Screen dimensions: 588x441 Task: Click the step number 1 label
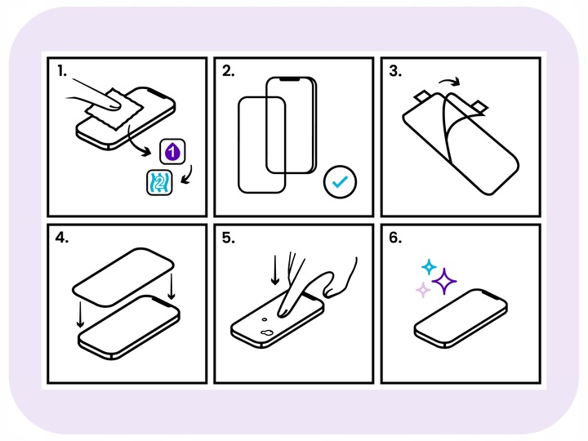(62, 70)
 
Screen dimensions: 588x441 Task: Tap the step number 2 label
(229, 70)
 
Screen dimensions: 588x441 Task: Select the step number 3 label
(395, 70)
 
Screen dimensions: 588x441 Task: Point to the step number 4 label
(62, 238)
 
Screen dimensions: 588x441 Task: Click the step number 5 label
(229, 238)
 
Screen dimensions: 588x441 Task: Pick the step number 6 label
(395, 238)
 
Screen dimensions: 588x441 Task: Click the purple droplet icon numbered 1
(172, 152)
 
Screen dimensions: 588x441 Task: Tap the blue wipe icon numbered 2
(159, 183)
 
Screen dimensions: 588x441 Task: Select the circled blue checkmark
(340, 182)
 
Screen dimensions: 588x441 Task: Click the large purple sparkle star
(444, 281)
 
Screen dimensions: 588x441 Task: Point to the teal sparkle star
(429, 266)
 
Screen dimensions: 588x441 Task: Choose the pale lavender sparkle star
(423, 290)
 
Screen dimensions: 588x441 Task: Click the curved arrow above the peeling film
(450, 80)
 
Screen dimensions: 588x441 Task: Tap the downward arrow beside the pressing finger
(275, 270)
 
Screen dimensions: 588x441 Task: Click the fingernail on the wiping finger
(113, 105)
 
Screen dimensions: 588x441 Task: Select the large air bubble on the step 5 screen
(266, 332)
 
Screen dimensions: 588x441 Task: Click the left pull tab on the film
(423, 96)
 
